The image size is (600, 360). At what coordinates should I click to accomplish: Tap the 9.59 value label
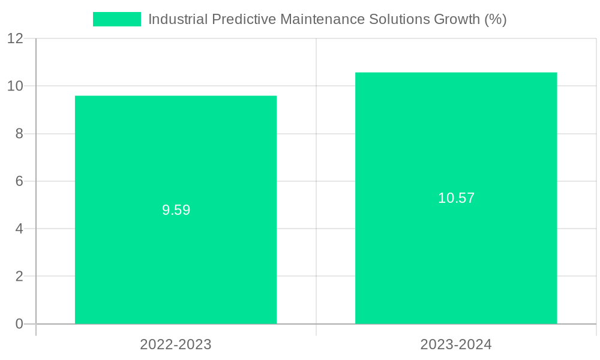click(x=176, y=211)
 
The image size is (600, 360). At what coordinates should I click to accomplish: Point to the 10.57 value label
click(x=456, y=199)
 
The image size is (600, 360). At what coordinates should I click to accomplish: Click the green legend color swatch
click(x=117, y=19)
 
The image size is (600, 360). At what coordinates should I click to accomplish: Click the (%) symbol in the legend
click(x=496, y=19)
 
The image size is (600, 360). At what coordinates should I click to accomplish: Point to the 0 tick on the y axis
click(x=19, y=324)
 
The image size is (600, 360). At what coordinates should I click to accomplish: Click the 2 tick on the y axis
click(x=19, y=277)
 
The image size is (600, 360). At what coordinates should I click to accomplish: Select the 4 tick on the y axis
click(x=19, y=229)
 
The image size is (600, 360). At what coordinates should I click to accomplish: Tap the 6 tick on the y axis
click(x=19, y=181)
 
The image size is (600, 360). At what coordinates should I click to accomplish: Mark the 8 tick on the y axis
click(x=19, y=134)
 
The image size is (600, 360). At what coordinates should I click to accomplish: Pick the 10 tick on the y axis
click(x=15, y=86)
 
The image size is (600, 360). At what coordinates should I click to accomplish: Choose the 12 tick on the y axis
click(x=15, y=38)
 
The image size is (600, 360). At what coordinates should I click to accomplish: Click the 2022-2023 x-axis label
click(x=176, y=345)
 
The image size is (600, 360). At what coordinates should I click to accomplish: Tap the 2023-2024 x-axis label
click(x=456, y=345)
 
